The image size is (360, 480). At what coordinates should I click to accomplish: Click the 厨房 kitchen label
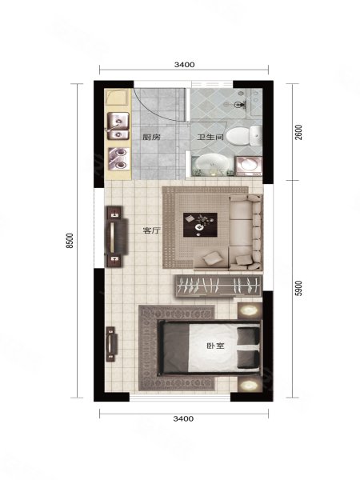click(151, 137)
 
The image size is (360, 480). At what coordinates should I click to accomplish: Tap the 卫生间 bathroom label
click(210, 137)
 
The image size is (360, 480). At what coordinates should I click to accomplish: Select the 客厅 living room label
click(151, 230)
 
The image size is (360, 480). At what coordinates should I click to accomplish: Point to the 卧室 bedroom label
click(216, 346)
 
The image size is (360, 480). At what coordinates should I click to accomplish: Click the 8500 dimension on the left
click(70, 241)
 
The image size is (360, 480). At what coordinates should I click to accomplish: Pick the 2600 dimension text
click(298, 132)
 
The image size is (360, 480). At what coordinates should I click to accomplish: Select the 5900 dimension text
click(298, 288)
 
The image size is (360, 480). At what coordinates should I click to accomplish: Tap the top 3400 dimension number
click(184, 65)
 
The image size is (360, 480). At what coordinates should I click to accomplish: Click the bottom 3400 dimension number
click(183, 418)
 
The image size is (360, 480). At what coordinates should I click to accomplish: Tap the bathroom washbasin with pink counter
click(249, 166)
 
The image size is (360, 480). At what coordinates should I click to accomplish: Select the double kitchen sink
click(118, 126)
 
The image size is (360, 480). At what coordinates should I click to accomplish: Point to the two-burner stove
click(118, 158)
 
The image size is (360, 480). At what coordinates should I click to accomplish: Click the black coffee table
click(200, 225)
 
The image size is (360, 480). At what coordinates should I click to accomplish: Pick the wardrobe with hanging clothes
click(219, 286)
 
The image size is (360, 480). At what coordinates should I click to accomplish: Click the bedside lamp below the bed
click(250, 385)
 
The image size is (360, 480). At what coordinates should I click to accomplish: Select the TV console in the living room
click(116, 237)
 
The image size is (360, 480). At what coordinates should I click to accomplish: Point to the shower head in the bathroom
click(238, 105)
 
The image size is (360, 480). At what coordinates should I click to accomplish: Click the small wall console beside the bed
click(111, 344)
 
